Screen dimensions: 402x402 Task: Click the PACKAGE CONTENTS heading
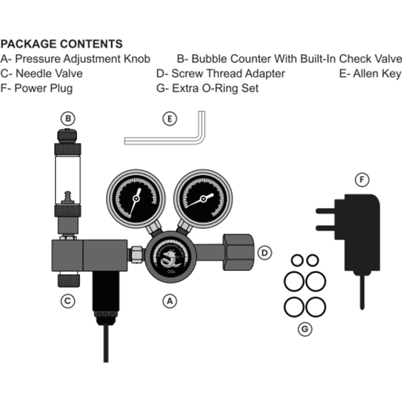[x=62, y=43]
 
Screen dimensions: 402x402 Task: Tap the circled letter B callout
[x=69, y=119]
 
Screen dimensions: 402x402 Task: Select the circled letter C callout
[x=69, y=300]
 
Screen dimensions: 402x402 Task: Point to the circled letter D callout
[x=265, y=253]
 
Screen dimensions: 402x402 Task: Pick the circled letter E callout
[x=169, y=119]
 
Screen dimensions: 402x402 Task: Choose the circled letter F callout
[x=360, y=180]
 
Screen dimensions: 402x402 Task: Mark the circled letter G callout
[x=305, y=329]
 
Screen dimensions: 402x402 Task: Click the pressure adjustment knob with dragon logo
[x=168, y=257]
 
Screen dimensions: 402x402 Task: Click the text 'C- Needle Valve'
[x=42, y=73]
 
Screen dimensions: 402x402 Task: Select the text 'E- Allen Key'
[x=370, y=73]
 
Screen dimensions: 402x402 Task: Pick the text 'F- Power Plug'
[x=38, y=89]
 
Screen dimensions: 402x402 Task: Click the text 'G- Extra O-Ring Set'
[x=208, y=89]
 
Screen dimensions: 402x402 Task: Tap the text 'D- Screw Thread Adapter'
[x=219, y=73]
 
